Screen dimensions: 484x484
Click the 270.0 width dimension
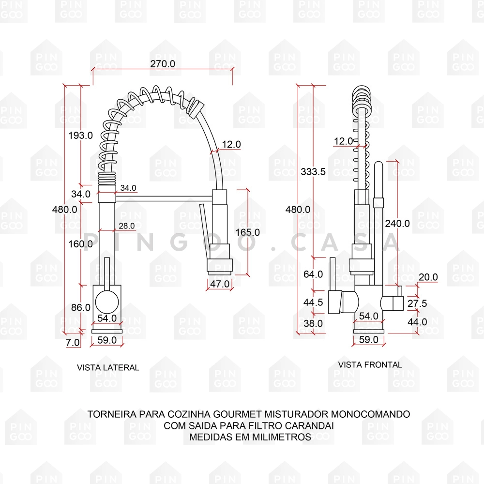pos(163,63)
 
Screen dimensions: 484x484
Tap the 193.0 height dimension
pos(80,136)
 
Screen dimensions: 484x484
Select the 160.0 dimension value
pos(80,244)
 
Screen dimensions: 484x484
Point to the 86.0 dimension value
pos(80,307)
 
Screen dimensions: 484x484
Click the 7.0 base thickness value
pos(73,342)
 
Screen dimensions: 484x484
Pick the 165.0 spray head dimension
pos(247,232)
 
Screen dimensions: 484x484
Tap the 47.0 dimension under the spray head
pos(220,284)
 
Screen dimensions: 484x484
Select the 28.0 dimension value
pos(127,226)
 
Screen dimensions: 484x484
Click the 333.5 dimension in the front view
pos(313,171)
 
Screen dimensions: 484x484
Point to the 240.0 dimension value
pos(397,223)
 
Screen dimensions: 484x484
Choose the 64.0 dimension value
pos(313,274)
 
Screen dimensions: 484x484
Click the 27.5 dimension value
pos(417,303)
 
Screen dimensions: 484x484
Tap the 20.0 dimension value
pos(428,277)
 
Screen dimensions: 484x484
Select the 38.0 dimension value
pos(313,323)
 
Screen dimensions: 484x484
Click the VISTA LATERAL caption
pos(108,367)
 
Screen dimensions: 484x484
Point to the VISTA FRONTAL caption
pos(370,364)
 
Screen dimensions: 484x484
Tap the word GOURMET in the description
pos(233,414)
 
